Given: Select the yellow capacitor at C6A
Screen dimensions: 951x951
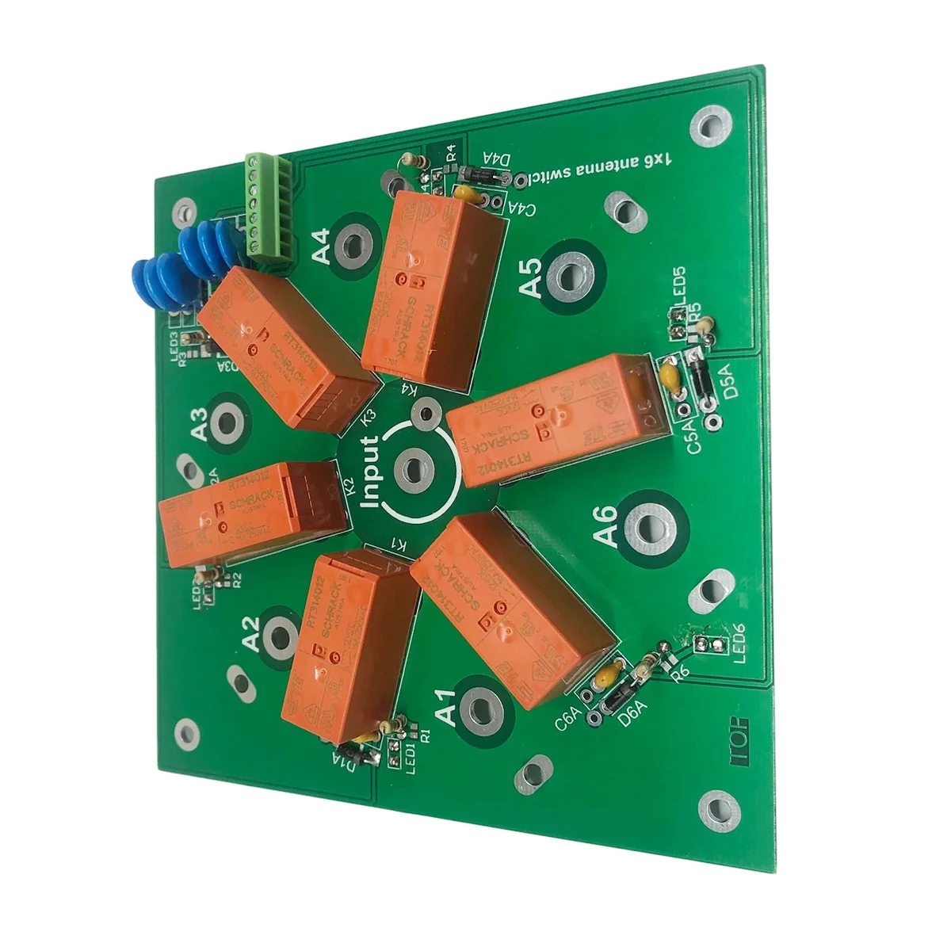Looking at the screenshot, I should pyautogui.click(x=606, y=678).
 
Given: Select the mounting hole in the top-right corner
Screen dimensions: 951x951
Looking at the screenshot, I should pyautogui.click(x=706, y=124).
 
